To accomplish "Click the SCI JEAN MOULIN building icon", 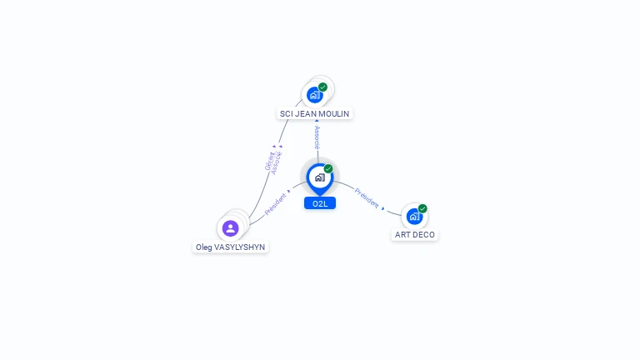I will coord(314,95).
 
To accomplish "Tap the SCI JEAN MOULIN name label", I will coord(315,113).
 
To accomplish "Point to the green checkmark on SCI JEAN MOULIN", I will coord(322,87).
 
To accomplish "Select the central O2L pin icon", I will coord(319,177).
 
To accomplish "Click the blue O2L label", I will coord(320,203).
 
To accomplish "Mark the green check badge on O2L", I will coord(328,168).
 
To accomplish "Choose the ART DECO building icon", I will coord(414,217).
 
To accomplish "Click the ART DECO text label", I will coord(415,235).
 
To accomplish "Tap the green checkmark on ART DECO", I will coord(422,208).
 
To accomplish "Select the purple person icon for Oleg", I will coord(231,227).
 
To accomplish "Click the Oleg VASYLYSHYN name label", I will coord(231,247).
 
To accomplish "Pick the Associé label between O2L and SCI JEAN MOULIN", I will coord(317,137).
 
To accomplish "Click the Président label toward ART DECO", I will coord(367,197).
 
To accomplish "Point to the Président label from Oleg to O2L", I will coord(275,205).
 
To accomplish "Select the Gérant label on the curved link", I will coord(269,161).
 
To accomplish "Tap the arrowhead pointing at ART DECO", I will coord(383,207).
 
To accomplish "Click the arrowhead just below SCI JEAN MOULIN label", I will coord(317,122).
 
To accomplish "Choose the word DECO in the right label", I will coord(424,235).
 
